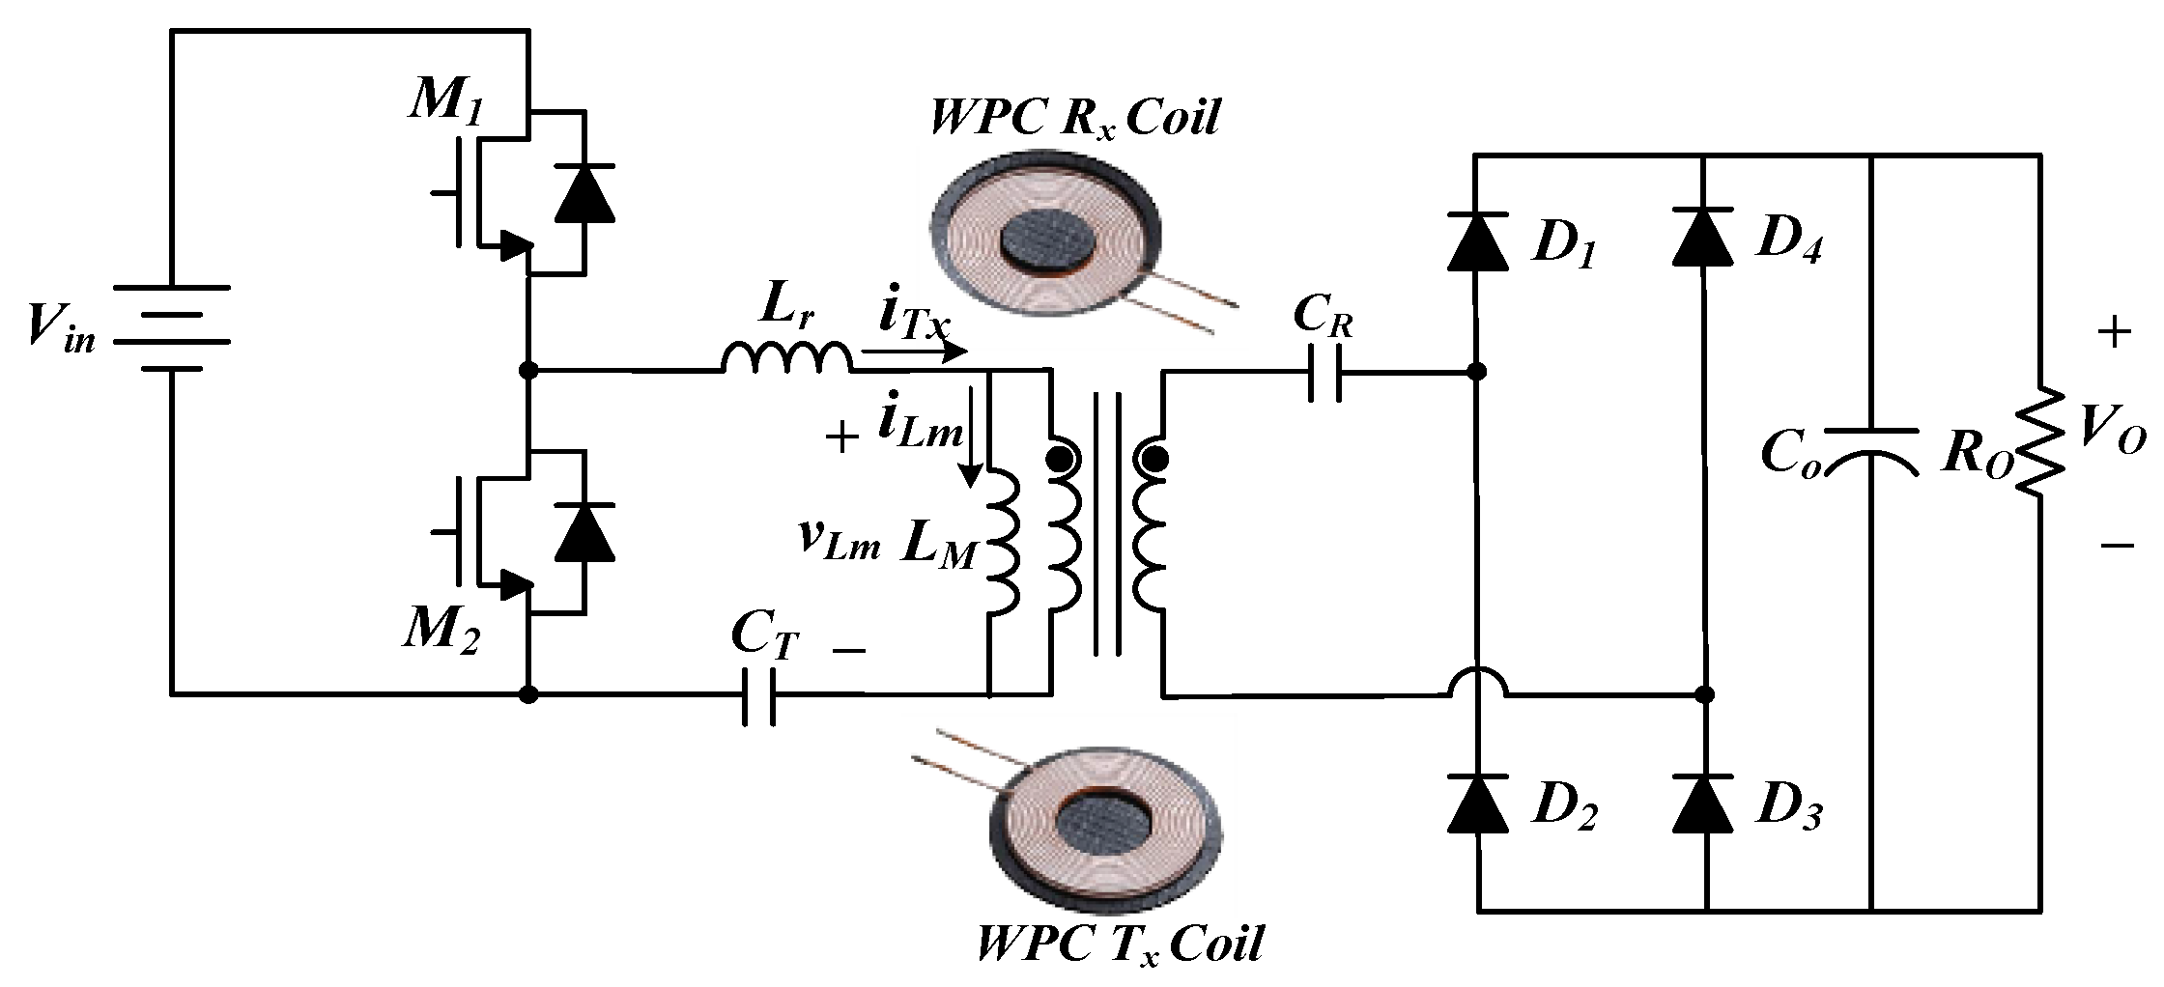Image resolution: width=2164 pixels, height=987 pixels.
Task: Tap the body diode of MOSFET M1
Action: tap(584, 192)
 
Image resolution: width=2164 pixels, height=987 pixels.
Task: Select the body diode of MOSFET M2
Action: tap(584, 532)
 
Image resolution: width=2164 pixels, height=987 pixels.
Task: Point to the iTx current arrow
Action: tap(913, 353)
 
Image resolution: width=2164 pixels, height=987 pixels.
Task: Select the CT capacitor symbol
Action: tap(758, 694)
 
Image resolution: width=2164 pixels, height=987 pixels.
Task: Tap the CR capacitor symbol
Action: tap(1324, 372)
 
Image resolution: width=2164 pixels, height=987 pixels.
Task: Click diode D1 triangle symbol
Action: tap(1477, 240)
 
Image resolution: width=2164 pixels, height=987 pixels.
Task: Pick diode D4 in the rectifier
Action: tap(1702, 237)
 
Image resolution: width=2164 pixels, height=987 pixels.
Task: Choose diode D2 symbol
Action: tap(1477, 803)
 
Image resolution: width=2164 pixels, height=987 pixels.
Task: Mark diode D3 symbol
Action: tap(1704, 803)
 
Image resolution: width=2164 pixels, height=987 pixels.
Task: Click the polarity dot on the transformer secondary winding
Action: tap(1153, 457)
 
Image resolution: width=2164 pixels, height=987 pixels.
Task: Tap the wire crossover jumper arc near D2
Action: tap(1477, 682)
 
